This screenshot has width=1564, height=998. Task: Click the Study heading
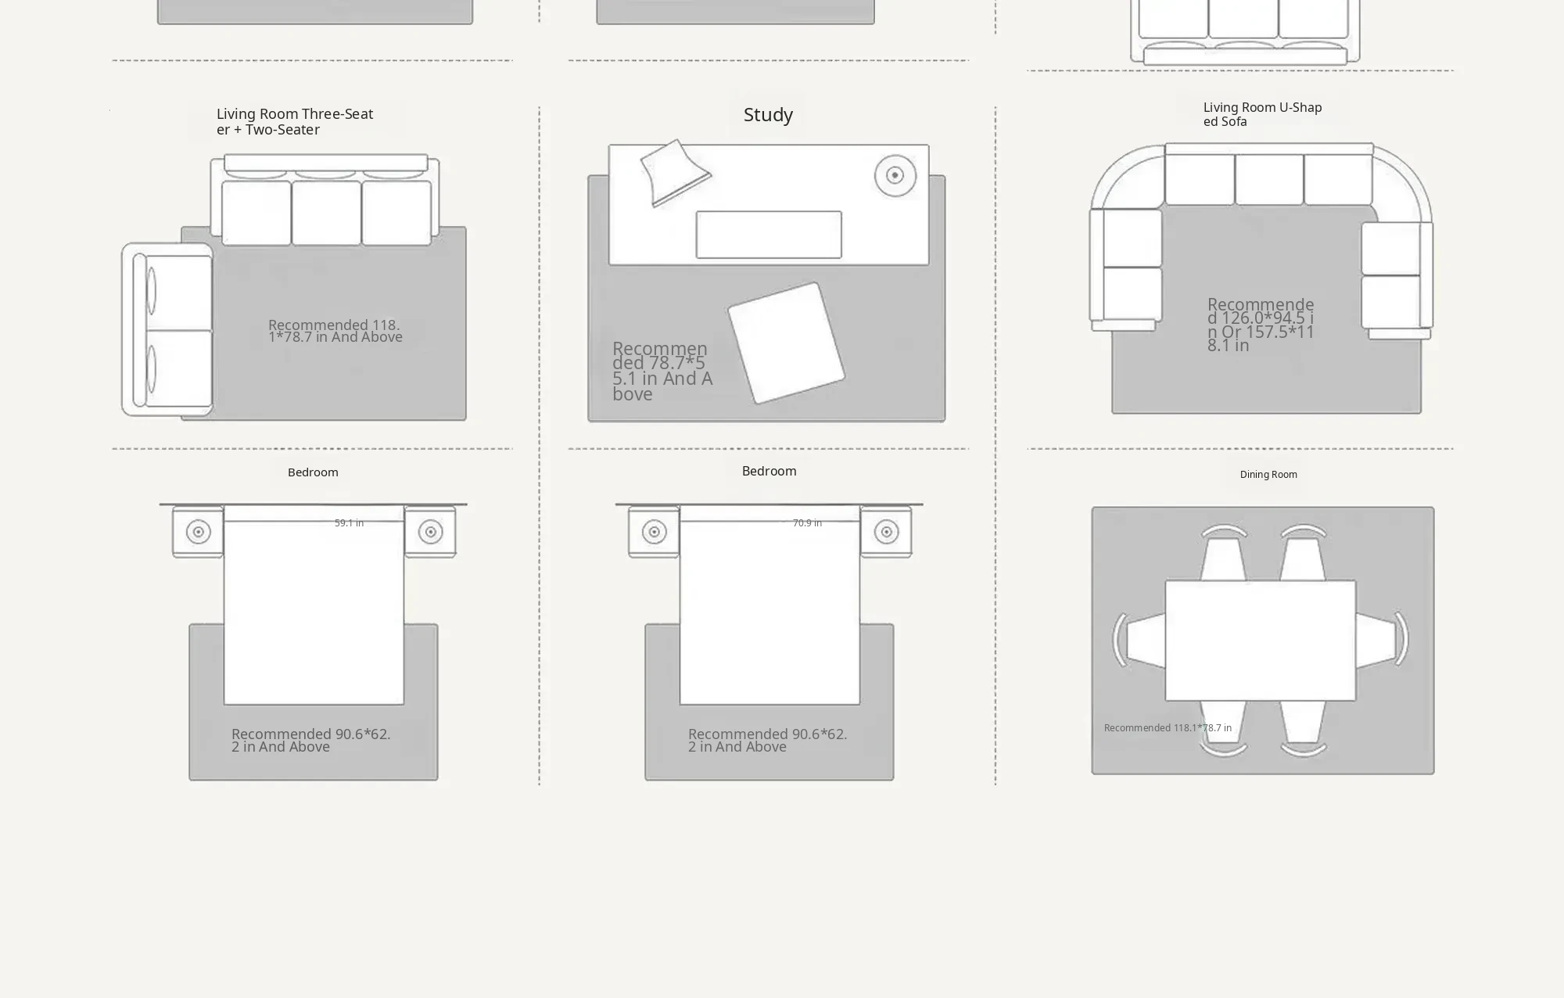click(768, 115)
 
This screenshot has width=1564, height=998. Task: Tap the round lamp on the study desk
click(895, 175)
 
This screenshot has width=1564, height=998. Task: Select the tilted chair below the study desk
click(786, 343)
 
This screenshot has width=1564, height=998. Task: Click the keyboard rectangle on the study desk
click(769, 235)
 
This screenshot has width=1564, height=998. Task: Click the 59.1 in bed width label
click(349, 523)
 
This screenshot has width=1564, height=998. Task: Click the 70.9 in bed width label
click(807, 523)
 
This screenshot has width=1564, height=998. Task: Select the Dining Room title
click(1268, 475)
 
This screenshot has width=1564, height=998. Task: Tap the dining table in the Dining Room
click(1261, 641)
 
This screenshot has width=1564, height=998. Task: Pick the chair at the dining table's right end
click(1382, 641)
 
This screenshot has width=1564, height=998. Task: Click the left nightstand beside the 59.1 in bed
click(198, 532)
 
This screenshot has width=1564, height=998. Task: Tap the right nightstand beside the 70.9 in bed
click(886, 532)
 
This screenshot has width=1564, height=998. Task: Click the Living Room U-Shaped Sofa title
click(1262, 114)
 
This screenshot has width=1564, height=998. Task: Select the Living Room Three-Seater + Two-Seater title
click(295, 122)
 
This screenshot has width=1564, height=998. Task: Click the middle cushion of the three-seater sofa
click(326, 213)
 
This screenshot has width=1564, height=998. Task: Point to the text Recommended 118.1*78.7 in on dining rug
click(1168, 728)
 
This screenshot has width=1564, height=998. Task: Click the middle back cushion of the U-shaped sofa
click(1269, 179)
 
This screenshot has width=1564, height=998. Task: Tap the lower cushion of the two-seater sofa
click(179, 368)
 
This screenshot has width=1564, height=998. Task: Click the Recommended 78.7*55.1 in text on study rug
click(662, 372)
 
